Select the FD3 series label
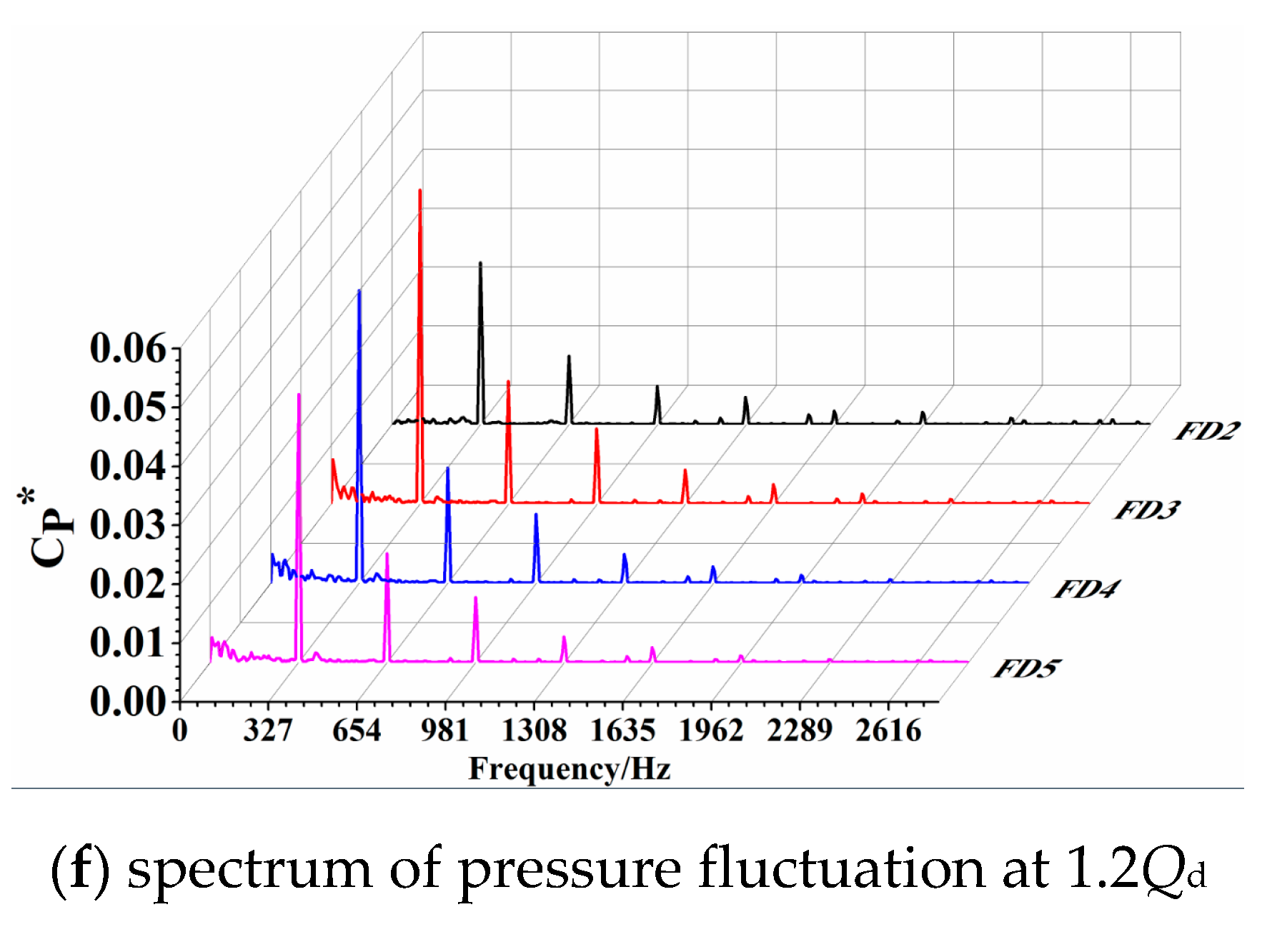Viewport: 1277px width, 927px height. pyautogui.click(x=1146, y=510)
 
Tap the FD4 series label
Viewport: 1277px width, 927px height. pyautogui.click(x=1085, y=590)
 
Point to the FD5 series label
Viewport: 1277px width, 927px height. pyautogui.click(x=1025, y=669)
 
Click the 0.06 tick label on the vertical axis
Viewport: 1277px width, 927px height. pyautogui.click(x=128, y=349)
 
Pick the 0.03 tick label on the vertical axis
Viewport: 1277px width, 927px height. pyautogui.click(x=128, y=525)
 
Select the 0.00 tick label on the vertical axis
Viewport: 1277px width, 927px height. pyautogui.click(x=128, y=701)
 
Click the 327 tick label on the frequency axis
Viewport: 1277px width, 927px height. pyautogui.click(x=268, y=731)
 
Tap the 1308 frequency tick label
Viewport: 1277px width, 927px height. pyautogui.click(x=534, y=731)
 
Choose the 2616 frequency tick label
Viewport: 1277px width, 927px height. pyautogui.click(x=888, y=731)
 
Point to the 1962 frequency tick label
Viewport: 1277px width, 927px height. pyautogui.click(x=711, y=731)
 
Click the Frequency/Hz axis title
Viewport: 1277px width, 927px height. pyautogui.click(x=570, y=770)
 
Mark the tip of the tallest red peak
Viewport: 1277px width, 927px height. pyautogui.click(x=420, y=191)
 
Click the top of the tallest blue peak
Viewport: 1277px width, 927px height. pyautogui.click(x=359, y=291)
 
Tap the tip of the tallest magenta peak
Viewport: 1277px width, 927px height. pyautogui.click(x=299, y=395)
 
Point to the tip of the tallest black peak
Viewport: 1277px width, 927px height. pyautogui.click(x=480, y=263)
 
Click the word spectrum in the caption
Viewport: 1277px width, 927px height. pyautogui.click(x=249, y=871)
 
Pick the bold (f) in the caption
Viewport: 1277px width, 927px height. pyautogui.click(x=79, y=871)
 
